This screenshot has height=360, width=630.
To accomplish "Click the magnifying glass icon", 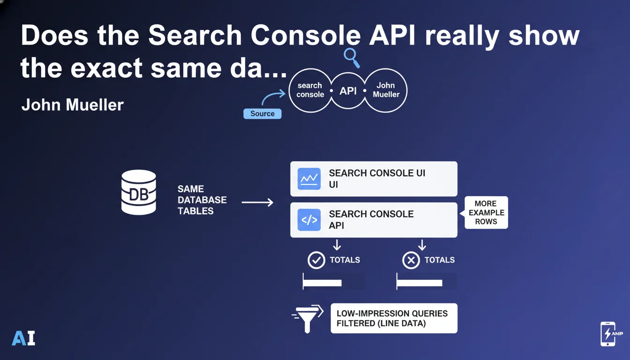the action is pyautogui.click(x=352, y=58).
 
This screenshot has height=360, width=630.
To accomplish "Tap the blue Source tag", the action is pyautogui.click(x=262, y=113).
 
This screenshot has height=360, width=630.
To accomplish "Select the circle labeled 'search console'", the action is pyautogui.click(x=310, y=90).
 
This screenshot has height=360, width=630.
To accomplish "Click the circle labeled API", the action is pyautogui.click(x=348, y=90).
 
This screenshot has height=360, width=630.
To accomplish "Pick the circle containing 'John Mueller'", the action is pyautogui.click(x=386, y=90).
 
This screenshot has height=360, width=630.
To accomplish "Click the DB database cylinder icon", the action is pyautogui.click(x=139, y=192).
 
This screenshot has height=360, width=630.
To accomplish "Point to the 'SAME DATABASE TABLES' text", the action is pyautogui.click(x=202, y=200).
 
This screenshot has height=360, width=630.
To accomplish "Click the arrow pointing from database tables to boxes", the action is pyautogui.click(x=257, y=202).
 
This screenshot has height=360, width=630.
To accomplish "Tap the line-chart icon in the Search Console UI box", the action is pyautogui.click(x=309, y=179).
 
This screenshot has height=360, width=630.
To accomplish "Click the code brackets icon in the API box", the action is pyautogui.click(x=309, y=220).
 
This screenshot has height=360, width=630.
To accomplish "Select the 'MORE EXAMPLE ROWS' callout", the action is pyautogui.click(x=486, y=212).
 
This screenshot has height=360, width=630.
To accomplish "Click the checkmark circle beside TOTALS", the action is pyautogui.click(x=316, y=260).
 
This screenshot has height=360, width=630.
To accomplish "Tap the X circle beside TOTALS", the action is pyautogui.click(x=411, y=260).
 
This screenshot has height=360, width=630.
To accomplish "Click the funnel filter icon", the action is pyautogui.click(x=307, y=319).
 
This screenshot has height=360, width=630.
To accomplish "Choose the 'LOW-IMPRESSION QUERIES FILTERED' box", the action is pyautogui.click(x=394, y=318).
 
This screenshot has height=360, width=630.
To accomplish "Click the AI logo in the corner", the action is pyautogui.click(x=23, y=338).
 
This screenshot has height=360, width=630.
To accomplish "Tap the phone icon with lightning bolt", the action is pyautogui.click(x=609, y=334).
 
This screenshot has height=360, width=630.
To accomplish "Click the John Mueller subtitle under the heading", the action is pyautogui.click(x=73, y=105).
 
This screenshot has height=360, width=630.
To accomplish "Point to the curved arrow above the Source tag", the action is pyautogui.click(x=273, y=97).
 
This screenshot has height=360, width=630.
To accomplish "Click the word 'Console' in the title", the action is pyautogui.click(x=306, y=36).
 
